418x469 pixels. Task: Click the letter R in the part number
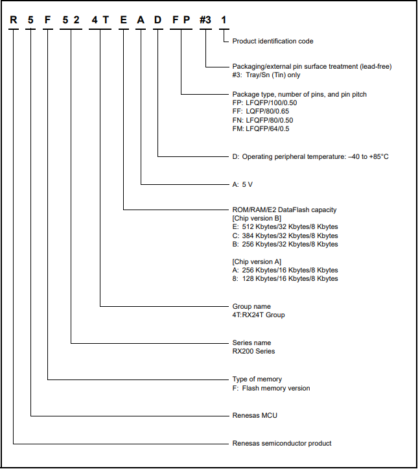pos(14,20)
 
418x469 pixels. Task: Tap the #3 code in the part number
pos(205,20)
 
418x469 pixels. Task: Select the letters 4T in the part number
pos(100,20)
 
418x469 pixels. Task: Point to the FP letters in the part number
pos(181,20)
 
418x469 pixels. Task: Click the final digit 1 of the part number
pos(224,20)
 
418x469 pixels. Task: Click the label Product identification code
pos(273,41)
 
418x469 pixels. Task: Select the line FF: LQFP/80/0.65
pos(261,112)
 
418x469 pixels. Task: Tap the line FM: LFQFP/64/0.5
pos(261,129)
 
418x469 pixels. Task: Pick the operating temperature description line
pos(310,157)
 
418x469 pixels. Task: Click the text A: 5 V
pos(242,184)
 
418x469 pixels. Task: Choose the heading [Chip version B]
pos(257,219)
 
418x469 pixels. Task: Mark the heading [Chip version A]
pos(257,261)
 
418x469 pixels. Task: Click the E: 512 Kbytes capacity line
pos(285,227)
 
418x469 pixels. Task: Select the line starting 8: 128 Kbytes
pos(285,278)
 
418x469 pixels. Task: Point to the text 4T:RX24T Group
pos(259,315)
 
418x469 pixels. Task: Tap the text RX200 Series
pos(253,351)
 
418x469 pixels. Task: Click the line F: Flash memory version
pos(272,389)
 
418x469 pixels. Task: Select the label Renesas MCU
pos(255,415)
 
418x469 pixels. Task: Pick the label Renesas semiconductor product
pos(282,443)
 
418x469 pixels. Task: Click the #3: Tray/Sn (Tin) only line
pos(266,75)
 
